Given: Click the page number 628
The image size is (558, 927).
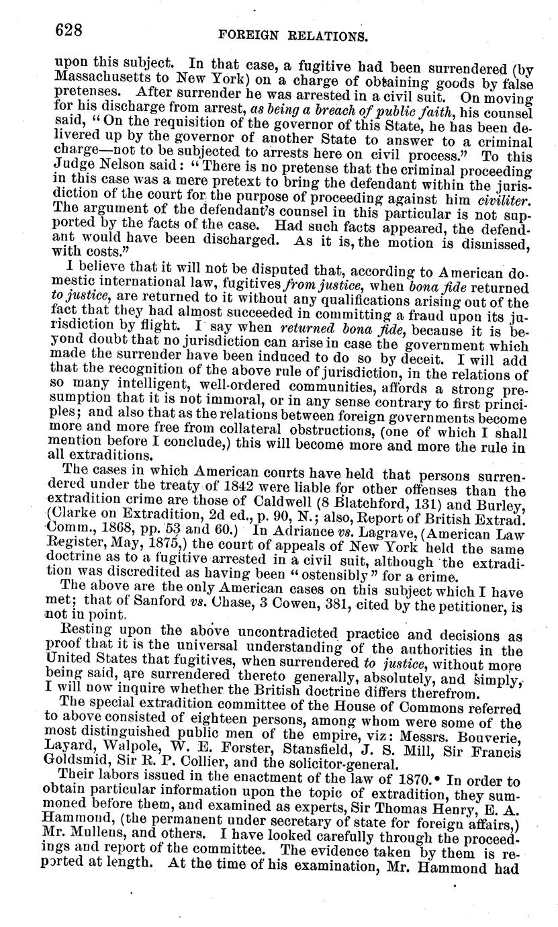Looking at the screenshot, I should click(67, 30).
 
